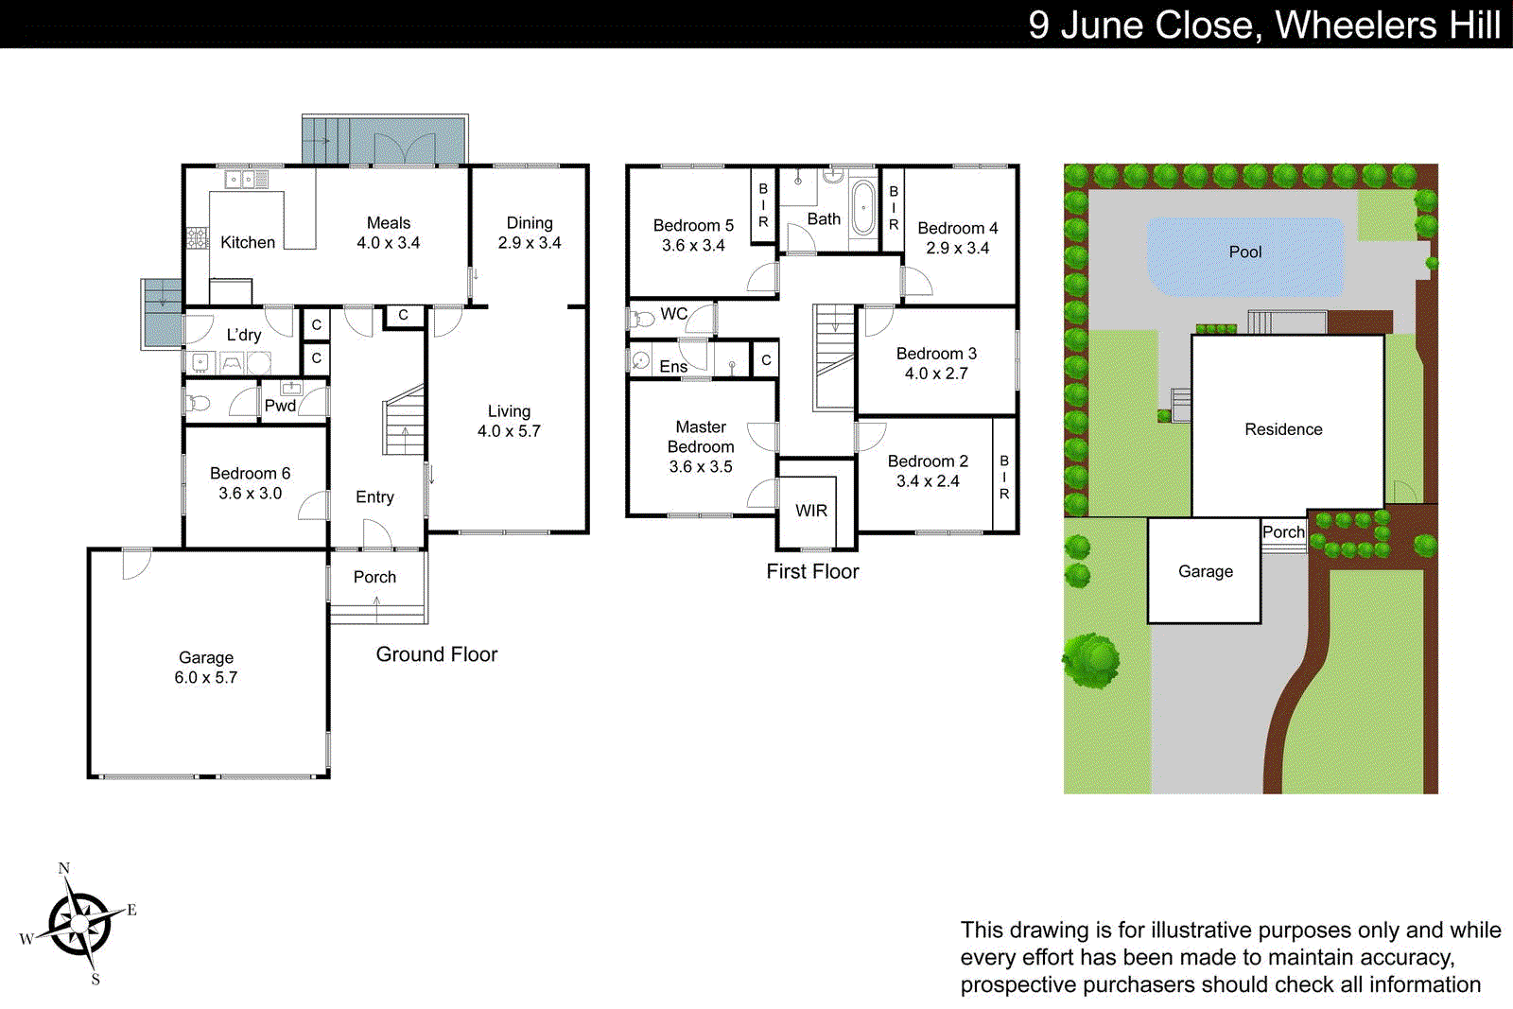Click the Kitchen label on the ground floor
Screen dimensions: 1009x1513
click(248, 242)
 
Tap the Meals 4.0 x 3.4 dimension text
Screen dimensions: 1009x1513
click(388, 243)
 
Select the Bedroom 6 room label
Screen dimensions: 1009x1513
click(250, 473)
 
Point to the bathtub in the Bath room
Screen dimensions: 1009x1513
click(863, 207)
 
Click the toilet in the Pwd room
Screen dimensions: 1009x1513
click(199, 404)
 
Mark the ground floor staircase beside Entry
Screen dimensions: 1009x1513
click(404, 421)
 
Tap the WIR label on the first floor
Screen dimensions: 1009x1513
click(811, 511)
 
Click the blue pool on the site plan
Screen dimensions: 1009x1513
click(1244, 253)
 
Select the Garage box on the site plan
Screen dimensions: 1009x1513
click(1205, 570)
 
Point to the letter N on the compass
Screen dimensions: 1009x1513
click(64, 868)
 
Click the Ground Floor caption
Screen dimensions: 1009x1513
click(436, 654)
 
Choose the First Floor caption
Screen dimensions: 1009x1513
click(812, 571)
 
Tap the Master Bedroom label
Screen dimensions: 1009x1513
click(701, 437)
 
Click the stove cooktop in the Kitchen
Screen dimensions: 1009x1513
click(197, 237)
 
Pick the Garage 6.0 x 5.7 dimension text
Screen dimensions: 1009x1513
click(206, 678)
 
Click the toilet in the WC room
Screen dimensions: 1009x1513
click(641, 319)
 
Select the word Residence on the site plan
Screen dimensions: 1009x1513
click(1283, 429)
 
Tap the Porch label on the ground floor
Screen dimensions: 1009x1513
click(374, 577)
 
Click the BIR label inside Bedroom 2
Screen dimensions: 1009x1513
click(1004, 478)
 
